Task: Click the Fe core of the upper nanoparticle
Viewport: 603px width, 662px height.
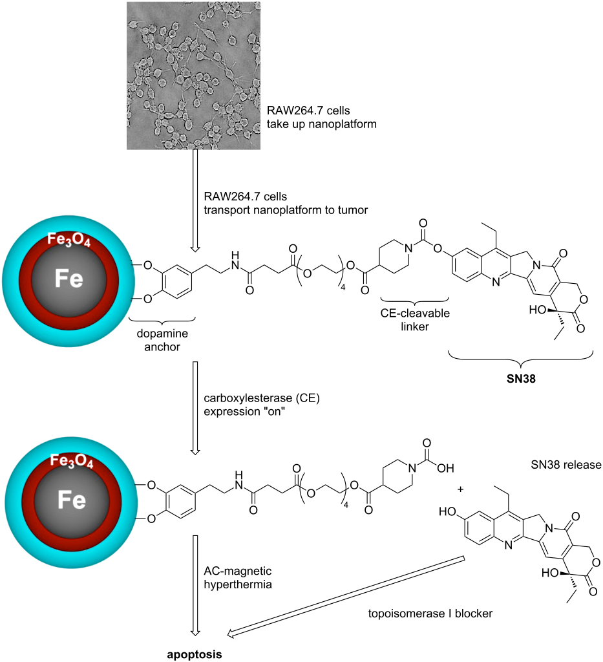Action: click(67, 279)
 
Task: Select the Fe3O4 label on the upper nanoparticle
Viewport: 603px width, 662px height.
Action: click(67, 240)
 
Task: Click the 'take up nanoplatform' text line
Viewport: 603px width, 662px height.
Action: click(321, 123)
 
